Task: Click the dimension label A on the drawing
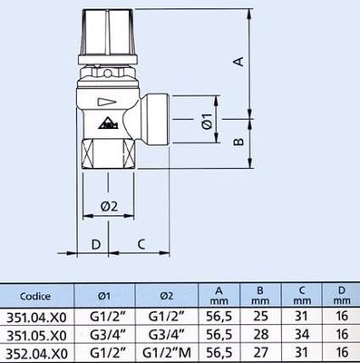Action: [x=238, y=62]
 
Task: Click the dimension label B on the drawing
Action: [x=238, y=142]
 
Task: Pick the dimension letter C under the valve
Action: [x=141, y=243]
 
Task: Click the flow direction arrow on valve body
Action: [x=106, y=103]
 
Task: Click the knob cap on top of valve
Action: [x=104, y=33]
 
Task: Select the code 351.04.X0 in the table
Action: [x=37, y=318]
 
